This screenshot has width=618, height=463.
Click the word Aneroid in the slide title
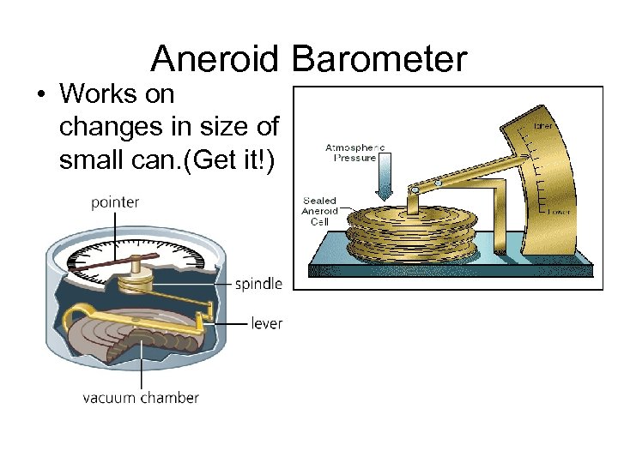[x=214, y=59]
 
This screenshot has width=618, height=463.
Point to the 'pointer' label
[x=114, y=202]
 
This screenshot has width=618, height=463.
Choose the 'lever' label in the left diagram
[x=266, y=323]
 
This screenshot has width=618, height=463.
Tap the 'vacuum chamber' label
[x=140, y=398]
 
